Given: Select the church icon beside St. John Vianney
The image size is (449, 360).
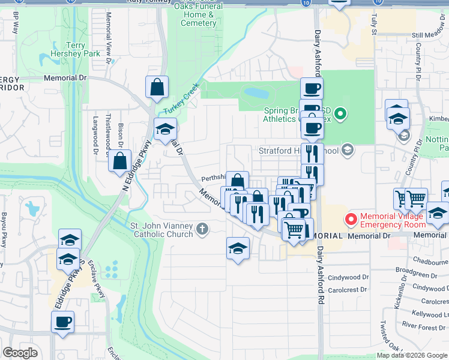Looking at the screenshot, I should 202,229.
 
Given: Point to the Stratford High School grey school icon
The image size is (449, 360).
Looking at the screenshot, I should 347,151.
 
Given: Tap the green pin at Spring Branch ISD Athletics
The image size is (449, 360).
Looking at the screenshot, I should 340,113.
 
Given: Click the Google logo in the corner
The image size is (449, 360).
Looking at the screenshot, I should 20,353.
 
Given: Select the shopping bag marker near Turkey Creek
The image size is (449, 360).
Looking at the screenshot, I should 157,87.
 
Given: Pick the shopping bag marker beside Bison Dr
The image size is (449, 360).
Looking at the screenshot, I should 119,160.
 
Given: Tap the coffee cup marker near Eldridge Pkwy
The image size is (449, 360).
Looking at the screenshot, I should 62,322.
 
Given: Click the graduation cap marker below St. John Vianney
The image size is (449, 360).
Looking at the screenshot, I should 238,248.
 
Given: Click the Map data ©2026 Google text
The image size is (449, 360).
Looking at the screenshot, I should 411,355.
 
